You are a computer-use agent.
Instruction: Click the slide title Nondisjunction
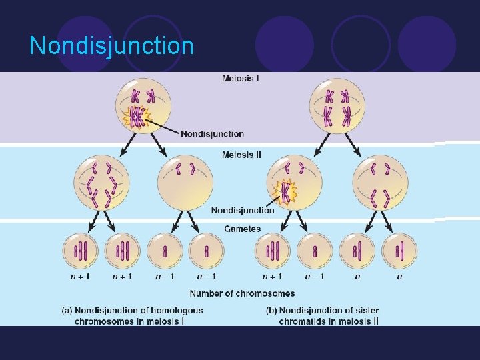pyautogui.click(x=111, y=46)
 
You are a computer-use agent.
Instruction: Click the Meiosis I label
pyautogui.click(x=240, y=78)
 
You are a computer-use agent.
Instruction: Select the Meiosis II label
pyautogui.click(x=241, y=155)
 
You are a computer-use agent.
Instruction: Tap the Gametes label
pyautogui.click(x=242, y=229)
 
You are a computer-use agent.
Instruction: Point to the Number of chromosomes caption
pyautogui.click(x=242, y=293)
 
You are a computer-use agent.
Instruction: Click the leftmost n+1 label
pyautogui.click(x=81, y=277)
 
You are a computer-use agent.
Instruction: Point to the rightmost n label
pyautogui.click(x=399, y=277)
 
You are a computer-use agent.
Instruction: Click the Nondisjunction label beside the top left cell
pyautogui.click(x=212, y=134)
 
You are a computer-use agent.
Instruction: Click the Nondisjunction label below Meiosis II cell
pyautogui.click(x=243, y=211)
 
